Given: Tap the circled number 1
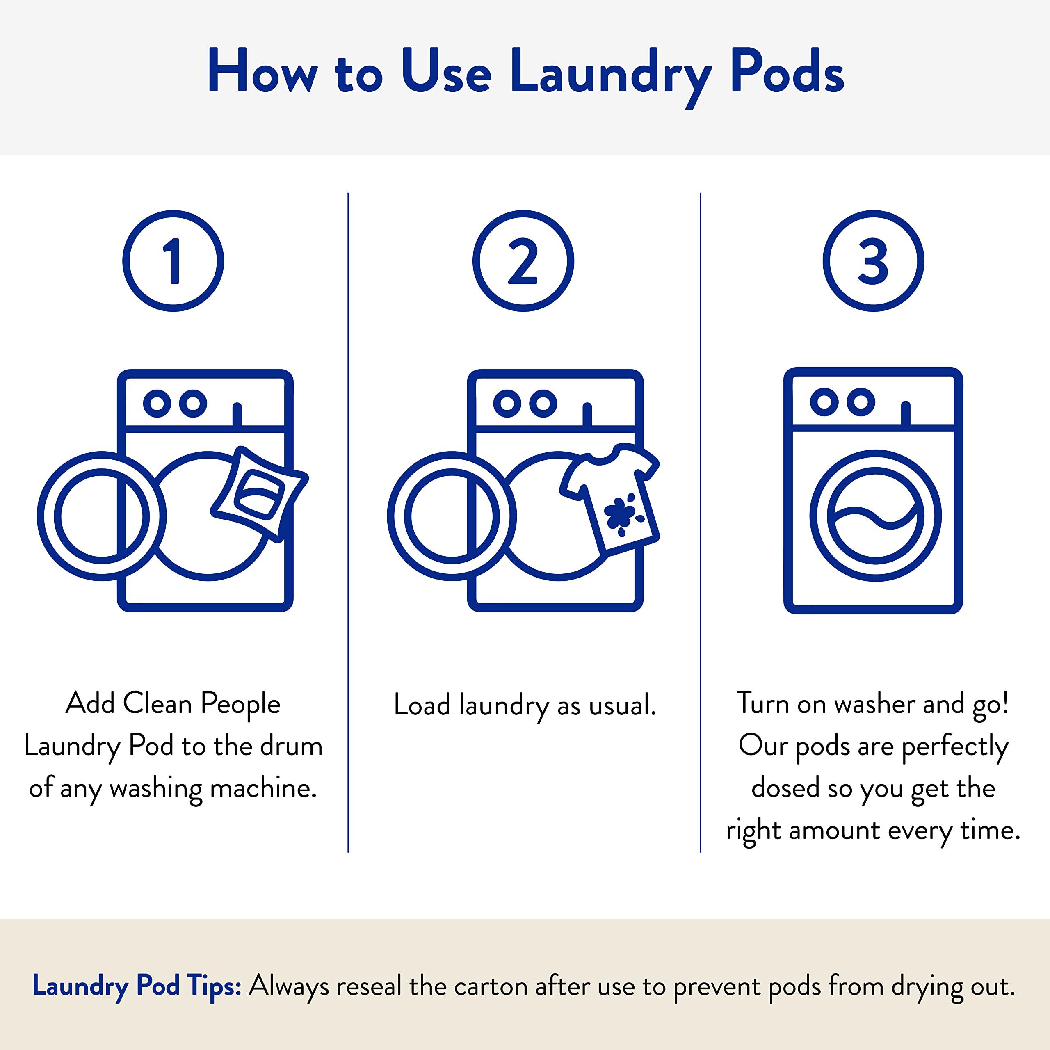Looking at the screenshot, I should tap(173, 261).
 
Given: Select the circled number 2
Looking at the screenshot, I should tap(523, 261).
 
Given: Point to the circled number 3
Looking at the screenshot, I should tap(873, 261).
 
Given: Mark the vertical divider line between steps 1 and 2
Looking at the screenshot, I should tap(348, 522).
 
